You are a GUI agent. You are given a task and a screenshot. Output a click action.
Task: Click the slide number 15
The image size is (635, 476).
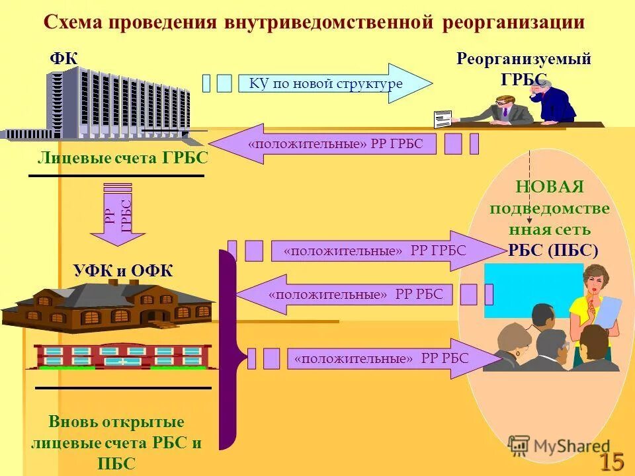tap(612, 461)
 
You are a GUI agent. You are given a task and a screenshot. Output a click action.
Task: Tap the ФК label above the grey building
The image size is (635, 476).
tap(63, 59)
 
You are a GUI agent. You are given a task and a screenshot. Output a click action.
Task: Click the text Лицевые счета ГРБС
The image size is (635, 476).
tap(122, 158)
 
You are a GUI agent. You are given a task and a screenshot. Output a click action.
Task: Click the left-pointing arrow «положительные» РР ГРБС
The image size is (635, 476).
tap(324, 144)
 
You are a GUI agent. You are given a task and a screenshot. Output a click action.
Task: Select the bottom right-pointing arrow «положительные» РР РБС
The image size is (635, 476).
tap(390, 359)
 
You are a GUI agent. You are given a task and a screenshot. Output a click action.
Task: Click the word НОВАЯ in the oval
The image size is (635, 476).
tap(550, 187)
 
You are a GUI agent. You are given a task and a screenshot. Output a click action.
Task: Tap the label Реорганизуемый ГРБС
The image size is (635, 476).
tap(524, 68)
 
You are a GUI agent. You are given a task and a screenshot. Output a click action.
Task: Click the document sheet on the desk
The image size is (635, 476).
tap(442, 119)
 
